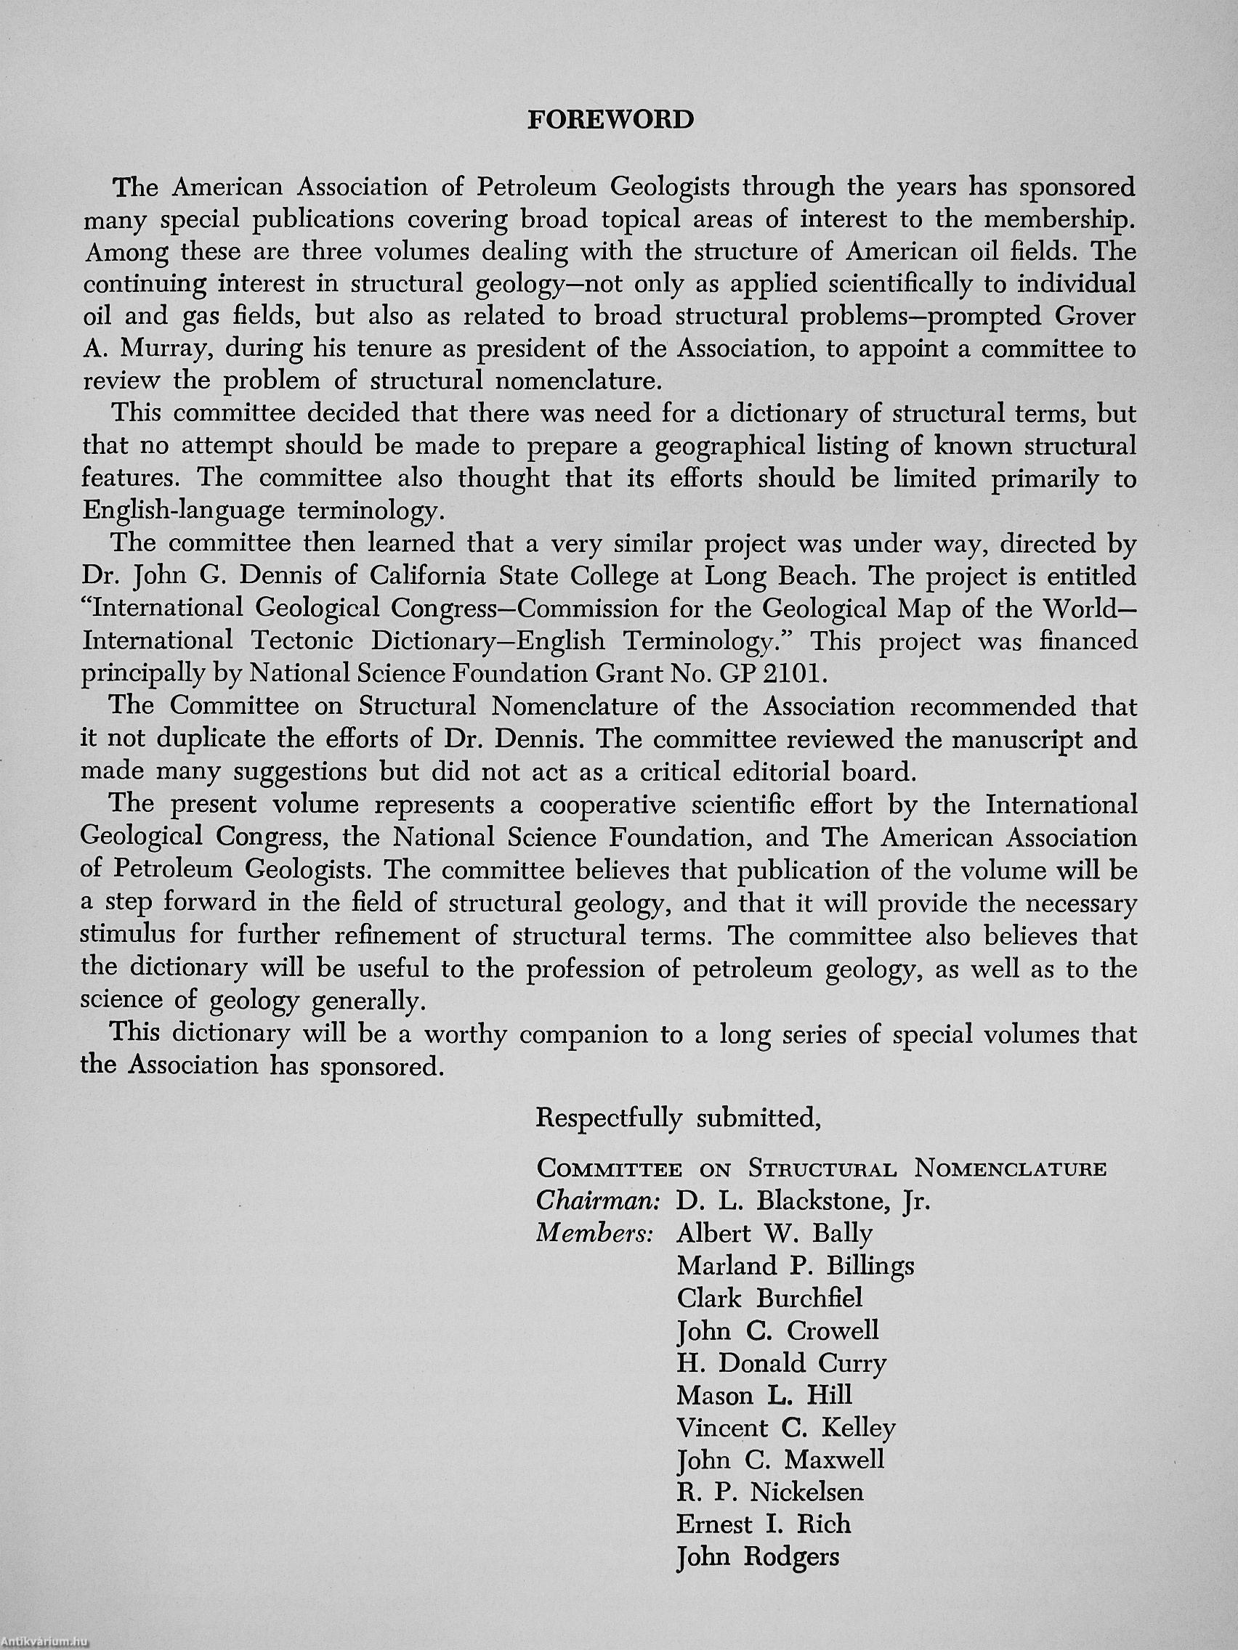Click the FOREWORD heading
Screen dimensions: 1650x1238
[610, 120]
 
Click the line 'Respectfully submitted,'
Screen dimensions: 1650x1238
[679, 1118]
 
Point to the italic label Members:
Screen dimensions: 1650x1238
[596, 1234]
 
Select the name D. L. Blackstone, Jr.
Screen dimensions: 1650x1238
[803, 1201]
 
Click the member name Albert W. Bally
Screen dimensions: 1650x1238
[774, 1234]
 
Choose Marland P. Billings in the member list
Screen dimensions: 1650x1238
[795, 1266]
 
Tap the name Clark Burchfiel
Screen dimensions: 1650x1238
[769, 1299]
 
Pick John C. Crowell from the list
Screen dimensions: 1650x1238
[777, 1330]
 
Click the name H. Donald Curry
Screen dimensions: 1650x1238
[781, 1364]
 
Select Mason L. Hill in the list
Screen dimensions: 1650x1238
[764, 1396]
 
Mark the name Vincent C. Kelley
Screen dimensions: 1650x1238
[785, 1428]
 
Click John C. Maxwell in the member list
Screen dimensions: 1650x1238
[780, 1460]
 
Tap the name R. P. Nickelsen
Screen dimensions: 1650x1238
[769, 1492]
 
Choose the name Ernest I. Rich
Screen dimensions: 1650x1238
[763, 1524]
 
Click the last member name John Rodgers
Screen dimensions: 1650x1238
[758, 1557]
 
